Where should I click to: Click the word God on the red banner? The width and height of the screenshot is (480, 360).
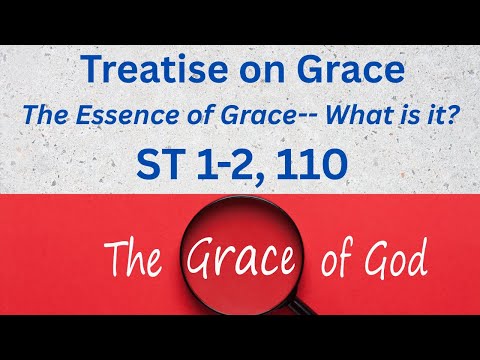point(392,262)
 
